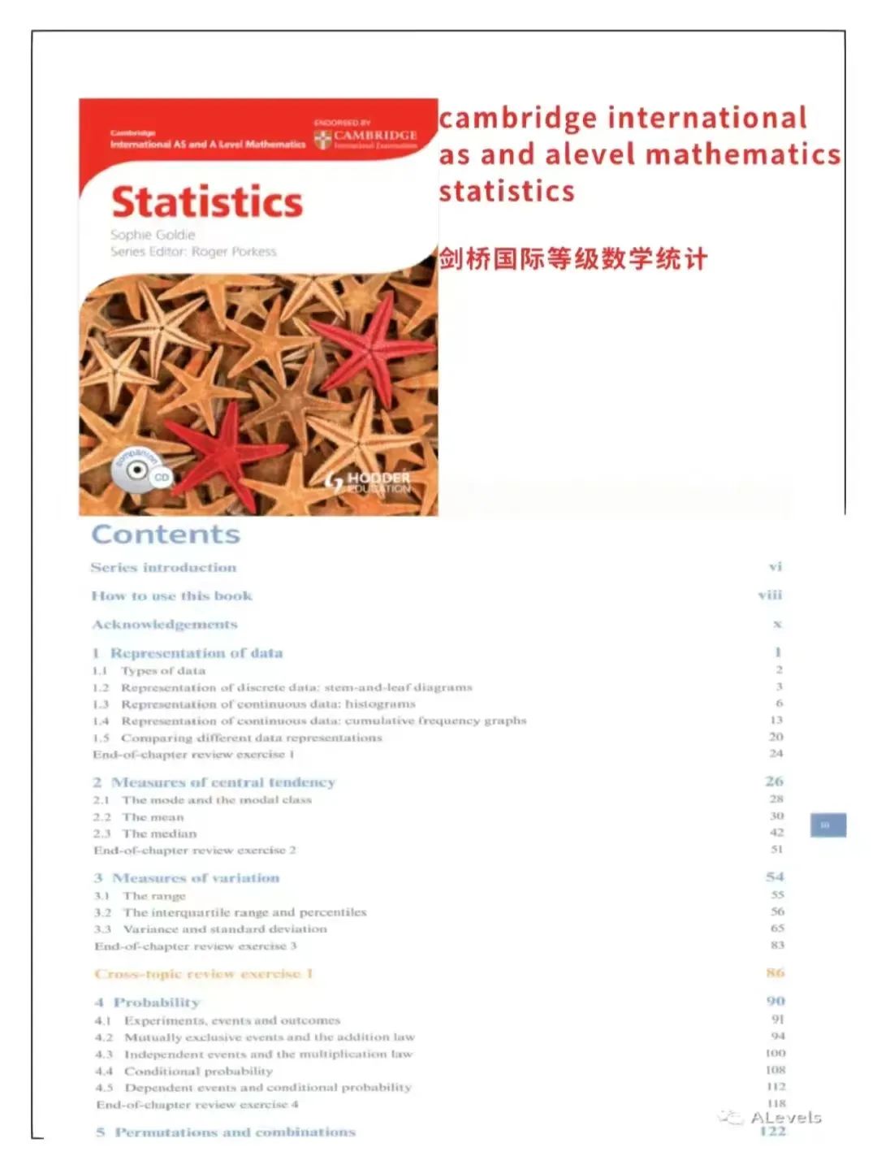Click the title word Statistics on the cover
pyautogui.click(x=207, y=202)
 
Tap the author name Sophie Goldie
pyautogui.click(x=153, y=235)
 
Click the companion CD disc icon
pyautogui.click(x=136, y=470)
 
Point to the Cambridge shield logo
pyautogui.click(x=322, y=138)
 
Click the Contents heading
pyautogui.click(x=166, y=535)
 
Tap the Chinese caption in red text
pyautogui.click(x=573, y=259)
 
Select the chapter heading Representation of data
pyautogui.click(x=196, y=653)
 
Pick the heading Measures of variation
pyautogui.click(x=195, y=878)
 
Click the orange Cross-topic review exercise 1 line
pyautogui.click(x=204, y=973)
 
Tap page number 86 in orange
pyautogui.click(x=775, y=972)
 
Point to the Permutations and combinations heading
pyautogui.click(x=234, y=1132)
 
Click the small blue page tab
pyautogui.click(x=827, y=825)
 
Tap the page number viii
pyautogui.click(x=770, y=595)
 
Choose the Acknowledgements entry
pyautogui.click(x=165, y=624)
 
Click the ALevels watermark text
pyautogui.click(x=785, y=1118)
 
